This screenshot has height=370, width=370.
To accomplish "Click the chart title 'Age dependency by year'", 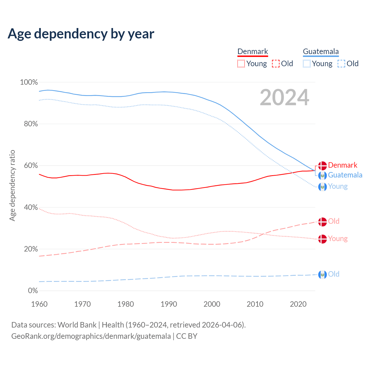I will tap(81, 34).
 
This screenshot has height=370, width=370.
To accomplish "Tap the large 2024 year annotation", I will tap(284, 97).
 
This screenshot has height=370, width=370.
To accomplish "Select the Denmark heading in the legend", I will tap(253, 51).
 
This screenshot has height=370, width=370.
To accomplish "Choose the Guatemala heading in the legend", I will tap(321, 51).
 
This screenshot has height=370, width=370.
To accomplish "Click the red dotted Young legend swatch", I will tap(241, 64).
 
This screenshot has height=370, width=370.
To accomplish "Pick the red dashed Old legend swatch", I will tap(276, 64).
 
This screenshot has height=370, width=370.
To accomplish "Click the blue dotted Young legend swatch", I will tap(307, 64).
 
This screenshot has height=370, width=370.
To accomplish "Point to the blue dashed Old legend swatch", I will tap(341, 64).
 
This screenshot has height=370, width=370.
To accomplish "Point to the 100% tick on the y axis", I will tap(29, 82).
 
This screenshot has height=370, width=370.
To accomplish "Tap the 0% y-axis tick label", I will tap(33, 291).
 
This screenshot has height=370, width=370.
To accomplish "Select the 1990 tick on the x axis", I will tap(169, 304).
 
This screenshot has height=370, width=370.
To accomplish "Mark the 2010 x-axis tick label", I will tap(255, 304).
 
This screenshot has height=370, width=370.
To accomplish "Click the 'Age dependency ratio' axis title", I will tap(12, 185).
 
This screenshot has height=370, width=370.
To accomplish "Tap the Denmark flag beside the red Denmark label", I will tap(322, 166).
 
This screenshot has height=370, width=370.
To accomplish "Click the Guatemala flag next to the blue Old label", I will tap(322, 274).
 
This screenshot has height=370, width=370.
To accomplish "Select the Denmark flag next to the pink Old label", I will tap(322, 222).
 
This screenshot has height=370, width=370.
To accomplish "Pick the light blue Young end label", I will tap(338, 186).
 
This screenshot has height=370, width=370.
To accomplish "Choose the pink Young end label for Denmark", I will tap(338, 239).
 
